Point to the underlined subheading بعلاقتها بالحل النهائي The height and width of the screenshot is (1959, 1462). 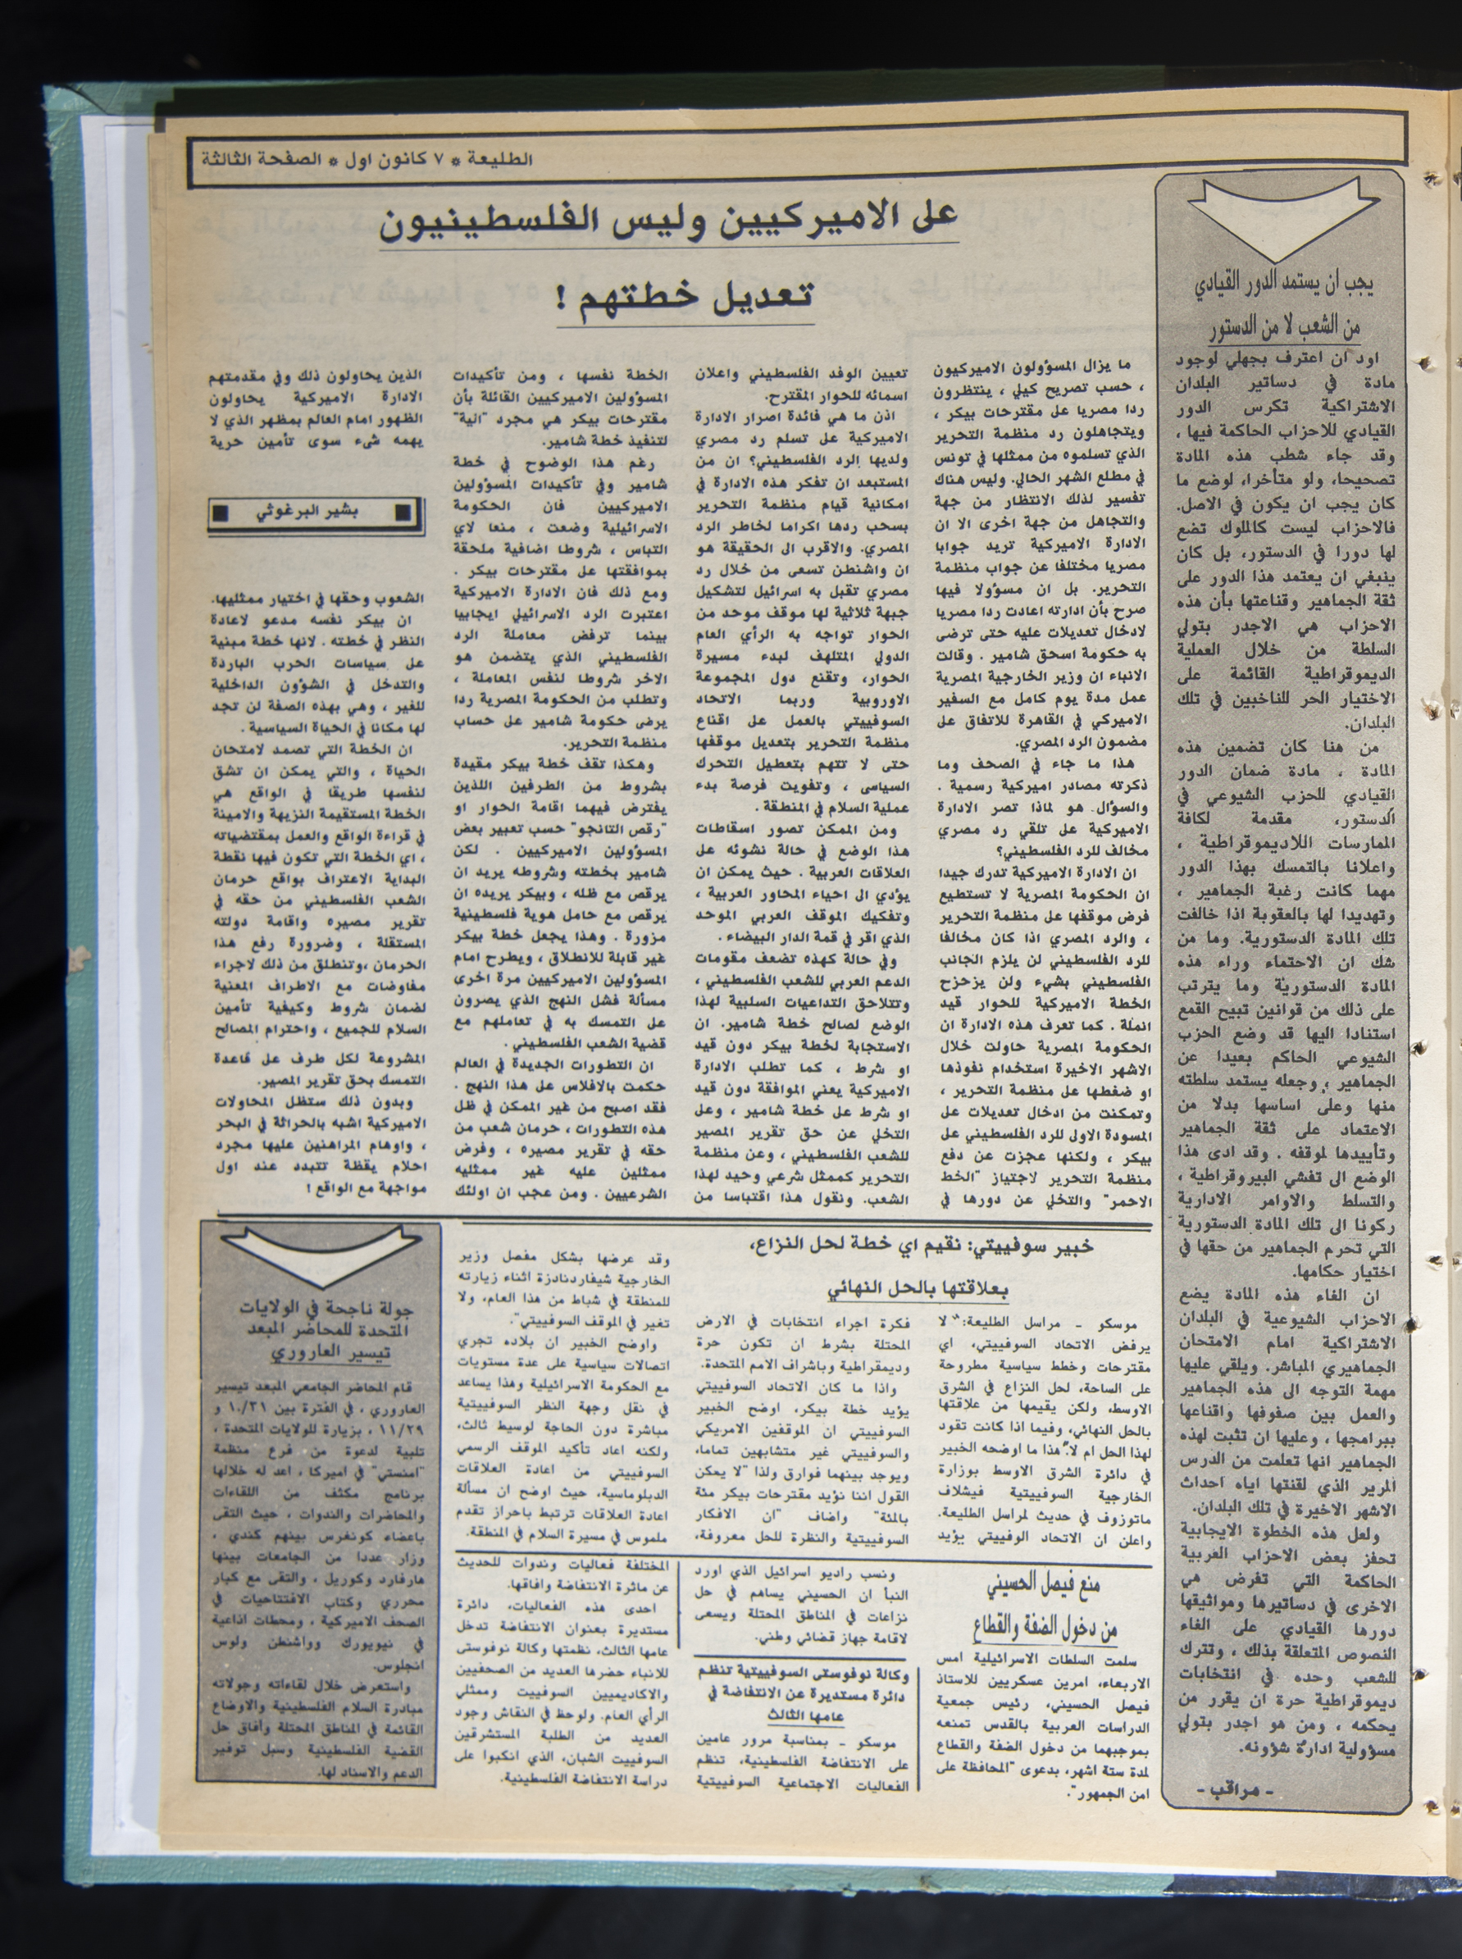pyautogui.click(x=918, y=1290)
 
